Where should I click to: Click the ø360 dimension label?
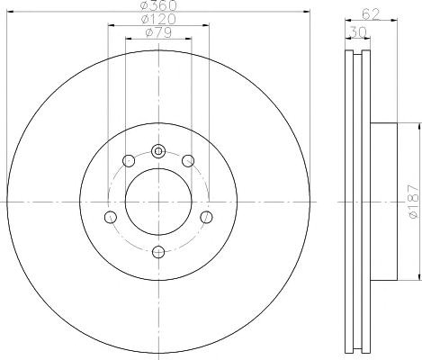coord(158,5)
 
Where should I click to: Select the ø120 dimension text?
coord(158,19)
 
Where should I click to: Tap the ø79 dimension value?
coord(158,32)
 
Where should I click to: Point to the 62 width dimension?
coord(371,14)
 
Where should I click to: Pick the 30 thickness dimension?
coord(358,31)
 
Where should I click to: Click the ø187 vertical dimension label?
coord(414,202)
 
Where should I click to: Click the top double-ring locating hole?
coord(158,151)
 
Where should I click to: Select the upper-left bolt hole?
coord(129,161)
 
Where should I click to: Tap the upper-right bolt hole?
coord(188,161)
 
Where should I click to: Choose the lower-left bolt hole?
coord(111,217)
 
